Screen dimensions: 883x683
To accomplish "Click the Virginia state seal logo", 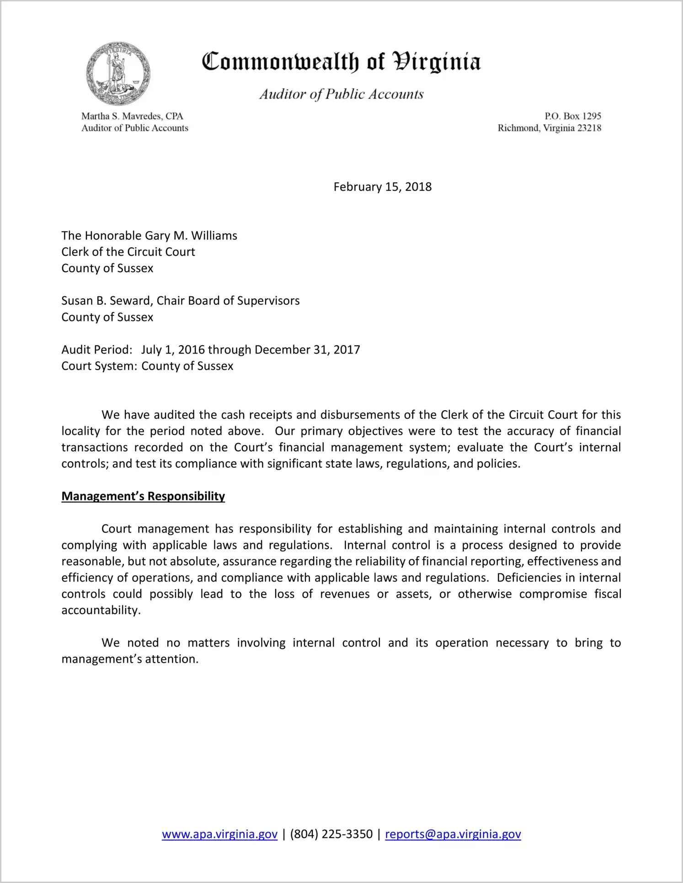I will pos(118,74).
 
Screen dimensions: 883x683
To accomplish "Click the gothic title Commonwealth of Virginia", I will pos(341,62).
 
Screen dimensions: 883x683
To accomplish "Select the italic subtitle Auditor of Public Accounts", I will pos(341,94).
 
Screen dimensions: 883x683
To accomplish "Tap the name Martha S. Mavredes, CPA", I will pos(132,116).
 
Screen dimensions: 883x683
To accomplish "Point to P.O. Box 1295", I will pos(572,116).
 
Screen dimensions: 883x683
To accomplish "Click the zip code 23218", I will pos(589,128).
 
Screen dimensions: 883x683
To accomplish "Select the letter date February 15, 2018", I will pos(382,187).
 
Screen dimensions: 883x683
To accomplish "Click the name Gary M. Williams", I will pos(191,235).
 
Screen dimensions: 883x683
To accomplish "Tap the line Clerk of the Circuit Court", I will pos(128,252).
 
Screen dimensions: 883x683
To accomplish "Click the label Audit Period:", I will pos(97,350).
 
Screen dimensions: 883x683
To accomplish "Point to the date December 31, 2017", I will pos(307,350).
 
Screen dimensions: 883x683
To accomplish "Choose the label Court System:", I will pos(99,366).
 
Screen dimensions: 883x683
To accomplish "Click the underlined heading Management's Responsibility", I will pos(143,497).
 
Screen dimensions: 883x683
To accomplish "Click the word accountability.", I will pos(100,610).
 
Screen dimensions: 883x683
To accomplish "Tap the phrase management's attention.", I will pos(130,659).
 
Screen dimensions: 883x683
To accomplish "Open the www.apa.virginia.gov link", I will pos(219,835).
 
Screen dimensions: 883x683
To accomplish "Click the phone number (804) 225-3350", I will pos(331,835).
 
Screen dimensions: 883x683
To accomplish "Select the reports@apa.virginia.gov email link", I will pos(453,835).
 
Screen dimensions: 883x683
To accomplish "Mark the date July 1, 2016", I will pos(173,350).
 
